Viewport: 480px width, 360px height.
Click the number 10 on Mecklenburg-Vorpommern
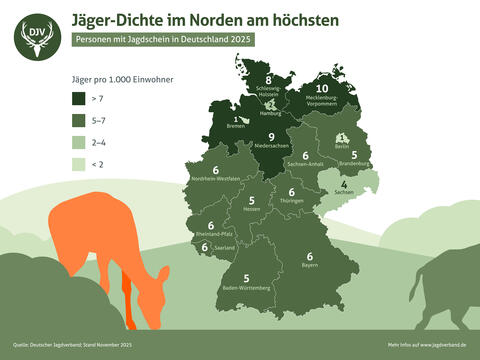tap(321, 88)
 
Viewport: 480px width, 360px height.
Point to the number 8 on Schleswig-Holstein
tap(269, 81)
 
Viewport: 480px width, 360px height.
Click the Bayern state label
tap(310, 266)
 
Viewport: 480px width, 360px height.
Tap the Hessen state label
tap(251, 210)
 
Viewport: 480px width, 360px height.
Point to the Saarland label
tap(224, 247)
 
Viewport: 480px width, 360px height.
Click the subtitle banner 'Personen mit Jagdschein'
tap(163, 39)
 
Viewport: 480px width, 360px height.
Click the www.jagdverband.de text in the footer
tap(442, 343)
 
